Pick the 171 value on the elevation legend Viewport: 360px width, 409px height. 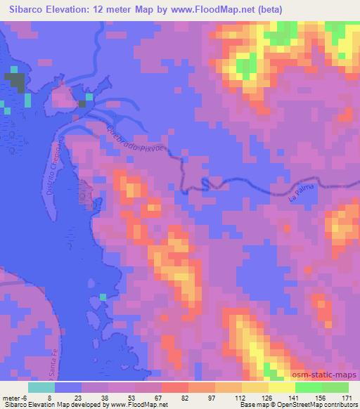click(x=347, y=397)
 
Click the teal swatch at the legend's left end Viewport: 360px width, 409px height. click(x=41, y=387)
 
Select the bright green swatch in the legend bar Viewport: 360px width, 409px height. click(x=308, y=387)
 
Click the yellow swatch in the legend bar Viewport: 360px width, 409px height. click(x=281, y=387)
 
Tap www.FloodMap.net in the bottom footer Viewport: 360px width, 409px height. click(x=140, y=405)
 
